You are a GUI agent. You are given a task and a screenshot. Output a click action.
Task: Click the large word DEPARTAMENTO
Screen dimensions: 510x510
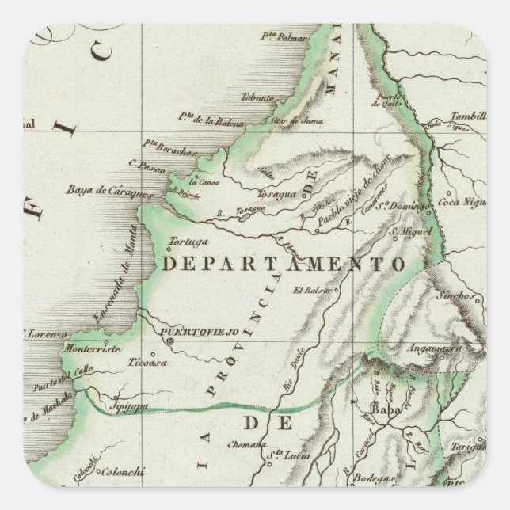click(283, 264)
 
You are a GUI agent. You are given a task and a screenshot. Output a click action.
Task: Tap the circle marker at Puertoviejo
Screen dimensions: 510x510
click(169, 341)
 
